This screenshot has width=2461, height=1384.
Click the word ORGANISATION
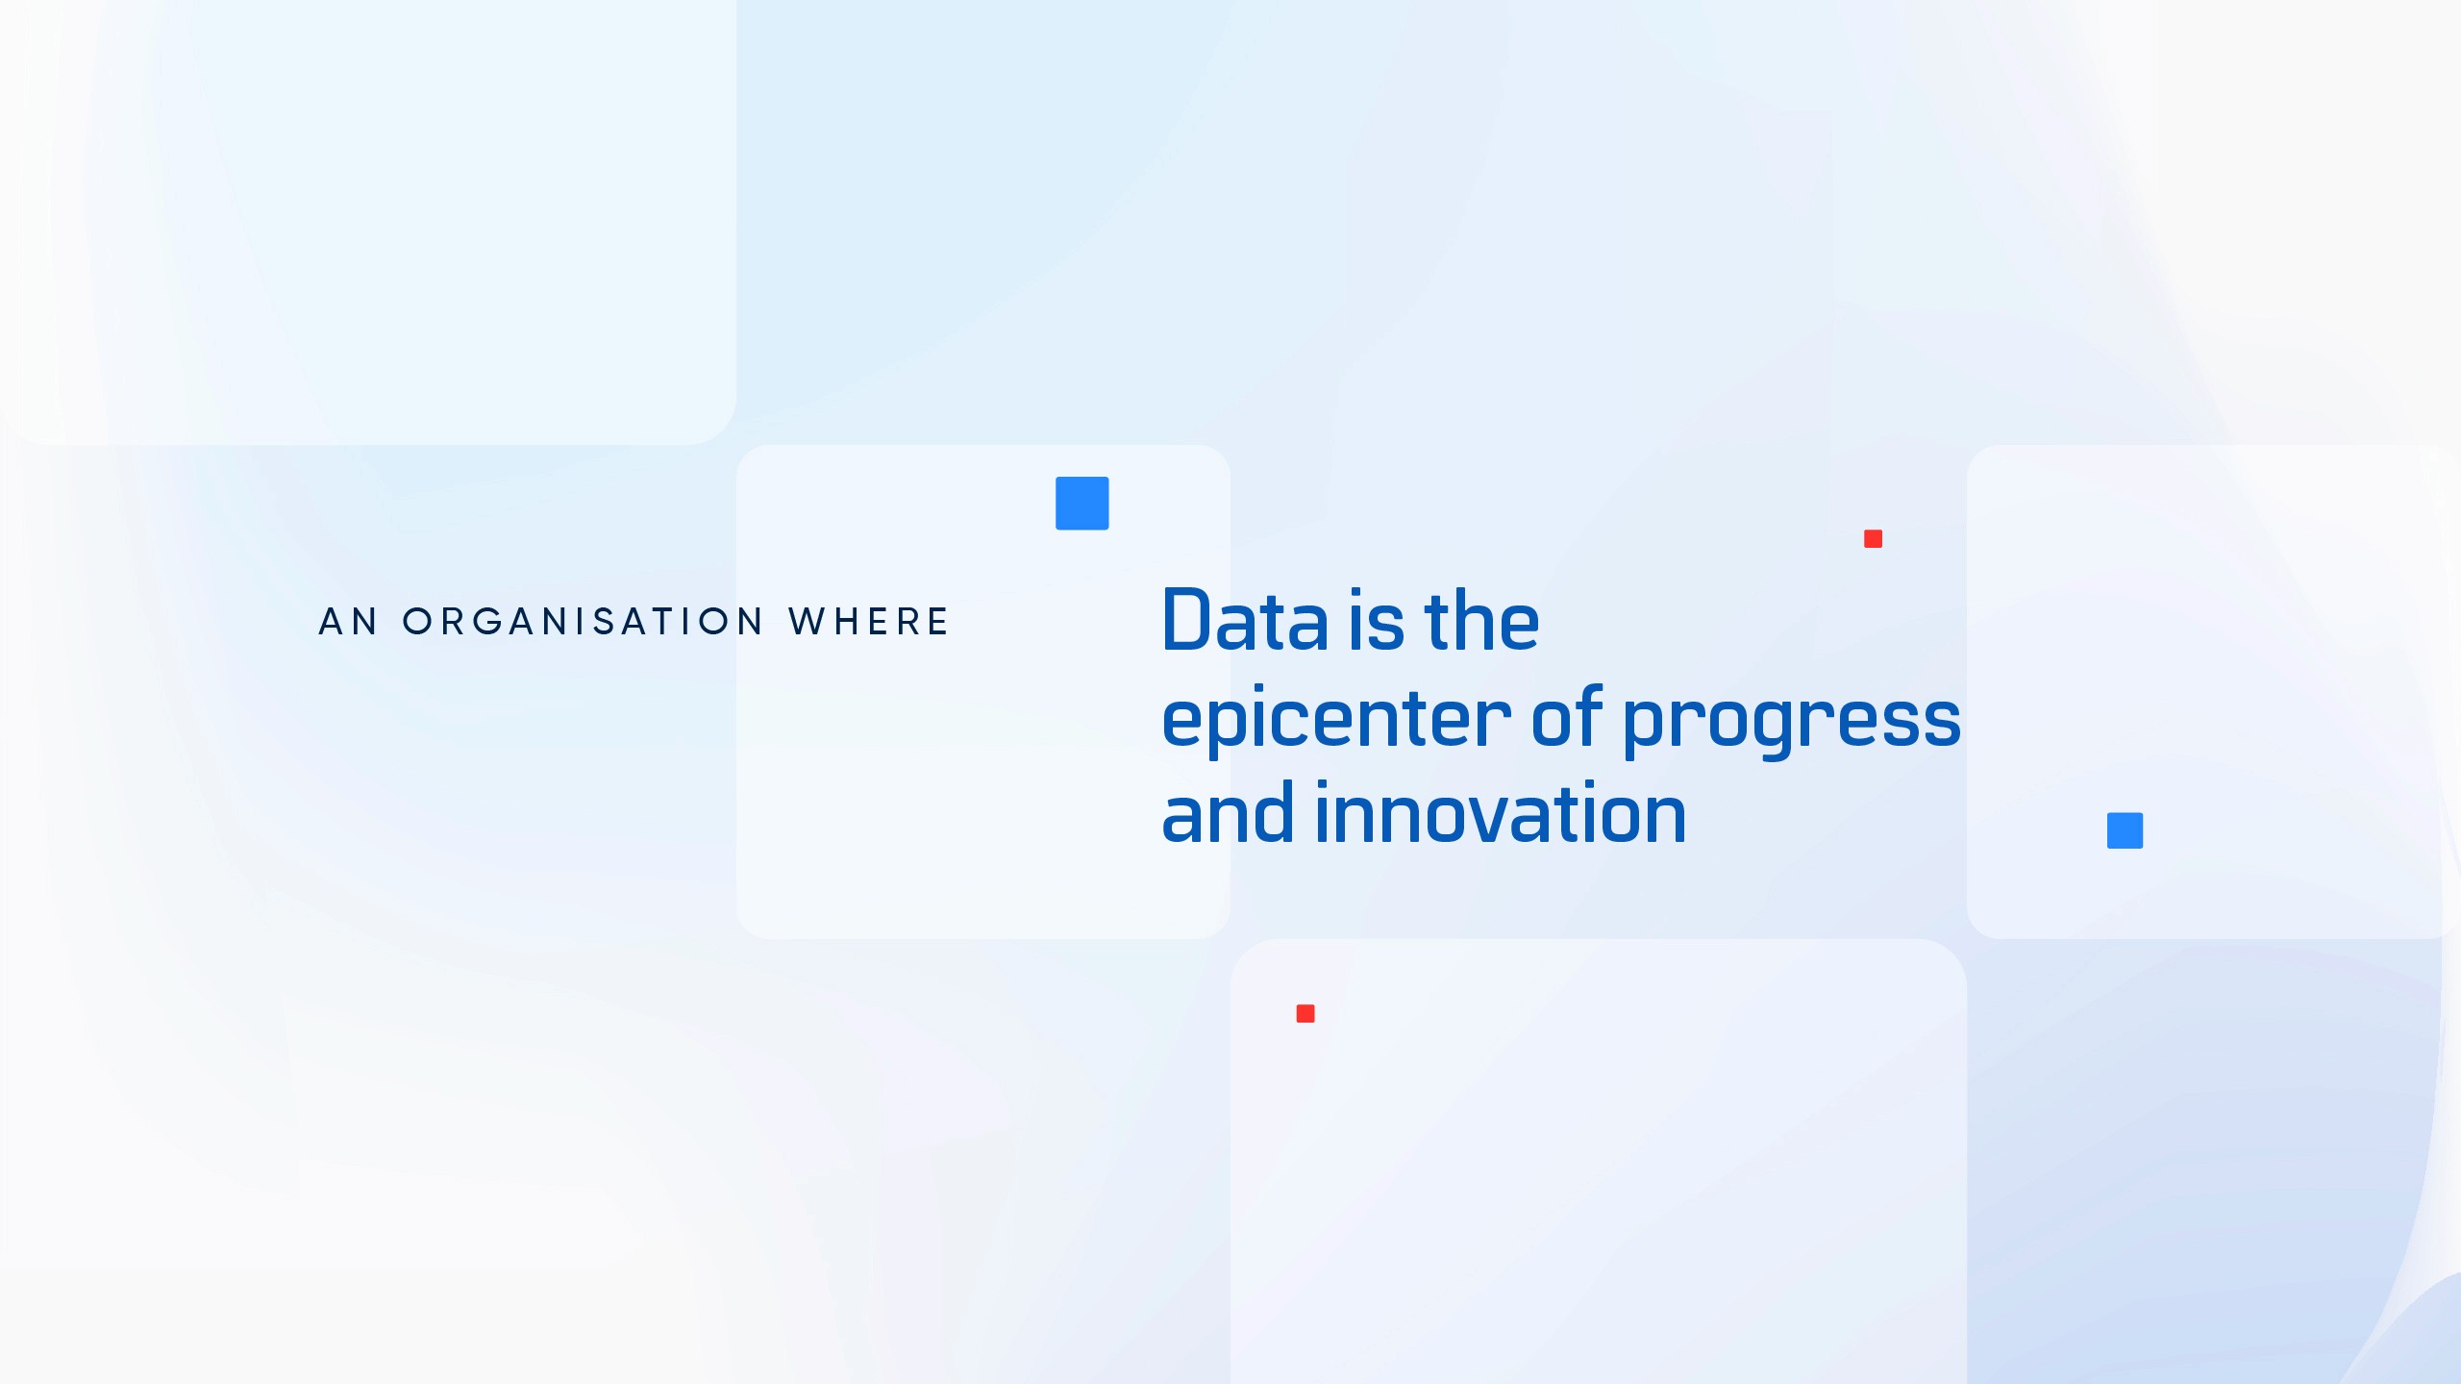pos(583,622)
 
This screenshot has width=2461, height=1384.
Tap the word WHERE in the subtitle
pos(869,622)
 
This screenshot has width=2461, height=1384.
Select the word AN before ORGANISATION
pos(348,622)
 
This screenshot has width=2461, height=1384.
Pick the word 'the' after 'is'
pos(1481,620)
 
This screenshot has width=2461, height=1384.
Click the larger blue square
pos(1082,503)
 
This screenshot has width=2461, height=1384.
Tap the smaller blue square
pos(2125,830)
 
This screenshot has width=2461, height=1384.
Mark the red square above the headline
pos(1873,538)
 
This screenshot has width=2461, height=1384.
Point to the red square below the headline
pos(1305,1013)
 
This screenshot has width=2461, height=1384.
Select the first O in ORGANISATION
pos(417,622)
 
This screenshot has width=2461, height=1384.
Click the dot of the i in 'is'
pos(1356,591)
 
